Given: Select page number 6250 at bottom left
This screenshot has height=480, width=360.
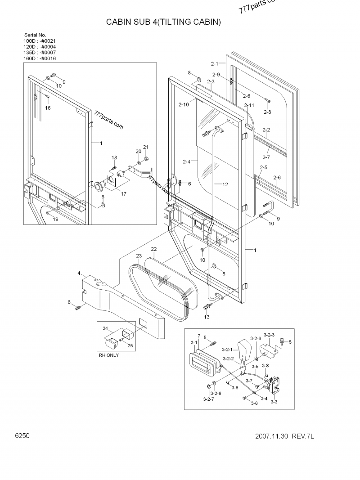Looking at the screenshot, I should (x=22, y=436).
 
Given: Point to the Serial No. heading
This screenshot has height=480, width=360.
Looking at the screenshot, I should (x=35, y=35).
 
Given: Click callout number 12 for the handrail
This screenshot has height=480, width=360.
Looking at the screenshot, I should (x=225, y=184).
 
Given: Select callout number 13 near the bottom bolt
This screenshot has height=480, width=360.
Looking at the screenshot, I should (x=207, y=317).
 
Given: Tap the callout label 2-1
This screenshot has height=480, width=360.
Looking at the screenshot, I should (x=214, y=64).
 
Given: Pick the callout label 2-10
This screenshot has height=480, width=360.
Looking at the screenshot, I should (x=183, y=104).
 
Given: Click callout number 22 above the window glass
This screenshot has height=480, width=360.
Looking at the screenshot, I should (x=153, y=249).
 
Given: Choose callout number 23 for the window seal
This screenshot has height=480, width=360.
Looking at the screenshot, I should (x=139, y=256).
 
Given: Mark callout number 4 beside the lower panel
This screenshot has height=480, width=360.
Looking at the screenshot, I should (x=79, y=273).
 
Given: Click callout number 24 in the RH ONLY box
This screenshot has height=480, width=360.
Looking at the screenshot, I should (x=105, y=329).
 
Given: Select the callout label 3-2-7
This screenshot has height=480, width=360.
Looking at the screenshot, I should (x=209, y=399).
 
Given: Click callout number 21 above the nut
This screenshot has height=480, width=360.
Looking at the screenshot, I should (x=145, y=147).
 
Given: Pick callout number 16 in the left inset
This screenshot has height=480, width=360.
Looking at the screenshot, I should (x=48, y=108).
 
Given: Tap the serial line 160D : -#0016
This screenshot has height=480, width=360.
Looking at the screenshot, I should (x=40, y=58).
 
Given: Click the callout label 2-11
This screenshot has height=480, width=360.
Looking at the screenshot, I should (x=249, y=105).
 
